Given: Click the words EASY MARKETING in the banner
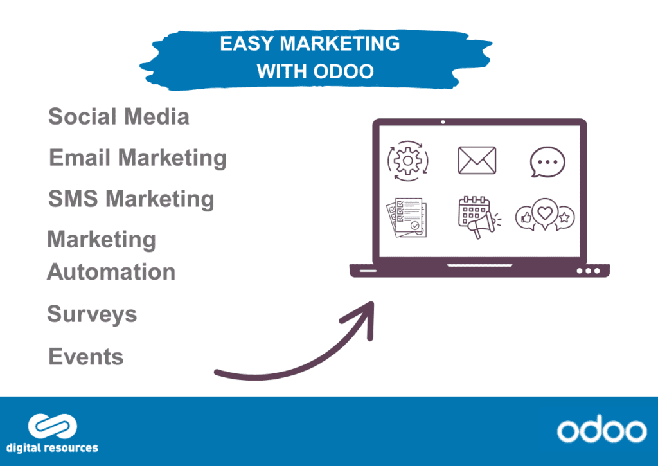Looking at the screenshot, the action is click(310, 44).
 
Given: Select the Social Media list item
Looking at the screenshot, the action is click(119, 116).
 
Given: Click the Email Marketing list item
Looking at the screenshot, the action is click(138, 158).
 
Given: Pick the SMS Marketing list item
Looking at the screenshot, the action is click(131, 199).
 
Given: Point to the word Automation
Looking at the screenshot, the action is click(111, 272).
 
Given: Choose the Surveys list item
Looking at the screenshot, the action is click(92, 314).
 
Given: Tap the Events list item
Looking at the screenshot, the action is click(86, 357).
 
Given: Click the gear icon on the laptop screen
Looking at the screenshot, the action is click(407, 161).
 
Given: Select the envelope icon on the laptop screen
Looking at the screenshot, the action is click(477, 160).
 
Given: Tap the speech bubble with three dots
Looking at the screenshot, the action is click(547, 161).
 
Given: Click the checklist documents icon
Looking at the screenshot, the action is click(407, 217).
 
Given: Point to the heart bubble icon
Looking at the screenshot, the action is click(545, 213).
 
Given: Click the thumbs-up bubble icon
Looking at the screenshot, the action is click(525, 218).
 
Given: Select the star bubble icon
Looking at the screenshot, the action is click(565, 218).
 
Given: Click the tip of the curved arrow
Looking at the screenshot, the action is click(372, 302).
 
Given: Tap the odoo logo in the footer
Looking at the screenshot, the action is click(601, 429).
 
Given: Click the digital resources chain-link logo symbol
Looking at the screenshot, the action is click(53, 426).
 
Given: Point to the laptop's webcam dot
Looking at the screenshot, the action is click(443, 122).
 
